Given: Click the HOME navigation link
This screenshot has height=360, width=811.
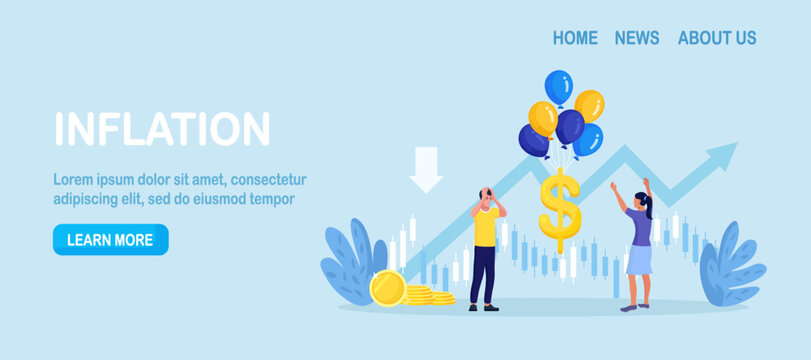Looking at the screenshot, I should (575, 38).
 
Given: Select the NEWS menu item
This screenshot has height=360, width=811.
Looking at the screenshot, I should (637, 38).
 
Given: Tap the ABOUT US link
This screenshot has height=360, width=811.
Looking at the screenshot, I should (717, 38).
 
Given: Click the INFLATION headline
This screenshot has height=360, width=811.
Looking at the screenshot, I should (162, 129).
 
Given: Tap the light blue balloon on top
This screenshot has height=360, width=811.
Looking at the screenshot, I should (558, 86).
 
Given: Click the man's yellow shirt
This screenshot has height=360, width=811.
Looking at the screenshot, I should (486, 227).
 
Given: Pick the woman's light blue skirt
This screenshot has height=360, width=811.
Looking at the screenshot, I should (639, 260).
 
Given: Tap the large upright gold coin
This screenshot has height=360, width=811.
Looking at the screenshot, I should (387, 288).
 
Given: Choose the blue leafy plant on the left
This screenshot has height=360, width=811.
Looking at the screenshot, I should (350, 262).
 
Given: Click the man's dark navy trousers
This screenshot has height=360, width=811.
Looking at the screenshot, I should (484, 275).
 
